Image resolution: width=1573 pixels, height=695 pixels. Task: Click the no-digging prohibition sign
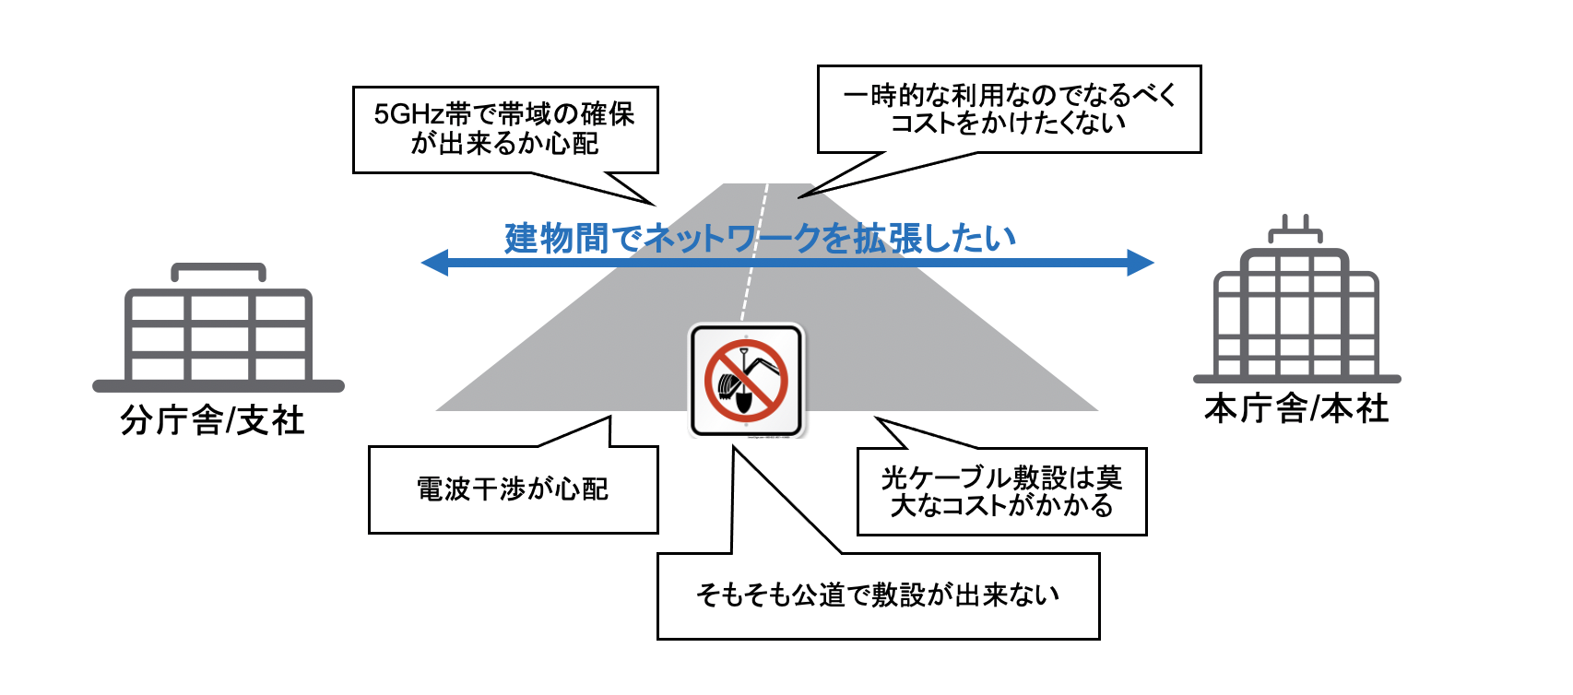coord(747,380)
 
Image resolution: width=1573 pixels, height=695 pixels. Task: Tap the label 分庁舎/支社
coord(212,420)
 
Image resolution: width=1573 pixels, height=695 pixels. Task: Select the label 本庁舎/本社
coord(1295,407)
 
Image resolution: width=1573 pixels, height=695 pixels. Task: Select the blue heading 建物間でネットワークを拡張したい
coord(760,238)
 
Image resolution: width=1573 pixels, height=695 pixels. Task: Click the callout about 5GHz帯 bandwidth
coord(505,129)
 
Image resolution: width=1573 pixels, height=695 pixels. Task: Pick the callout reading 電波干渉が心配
coord(513,489)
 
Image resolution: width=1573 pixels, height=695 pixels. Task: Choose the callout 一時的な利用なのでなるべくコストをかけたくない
coord(1009,109)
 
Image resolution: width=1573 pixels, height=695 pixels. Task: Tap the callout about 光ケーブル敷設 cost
coord(1001,491)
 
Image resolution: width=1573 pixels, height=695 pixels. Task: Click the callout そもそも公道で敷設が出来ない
coord(878,595)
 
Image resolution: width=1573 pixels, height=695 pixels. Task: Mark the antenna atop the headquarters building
coord(1295,229)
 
